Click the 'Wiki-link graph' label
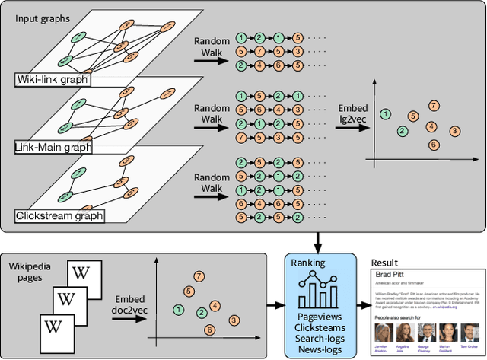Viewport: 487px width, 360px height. coord(51,80)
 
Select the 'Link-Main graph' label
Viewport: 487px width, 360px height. coord(53,148)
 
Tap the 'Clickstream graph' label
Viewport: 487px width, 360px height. coord(59,216)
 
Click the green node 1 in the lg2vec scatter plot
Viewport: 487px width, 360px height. coord(385,113)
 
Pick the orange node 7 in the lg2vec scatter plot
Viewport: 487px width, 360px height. coord(434,105)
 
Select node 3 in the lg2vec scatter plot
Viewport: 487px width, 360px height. coord(455,132)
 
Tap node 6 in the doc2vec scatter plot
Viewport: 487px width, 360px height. coord(208,330)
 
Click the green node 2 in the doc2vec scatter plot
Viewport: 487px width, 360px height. coord(201,313)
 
